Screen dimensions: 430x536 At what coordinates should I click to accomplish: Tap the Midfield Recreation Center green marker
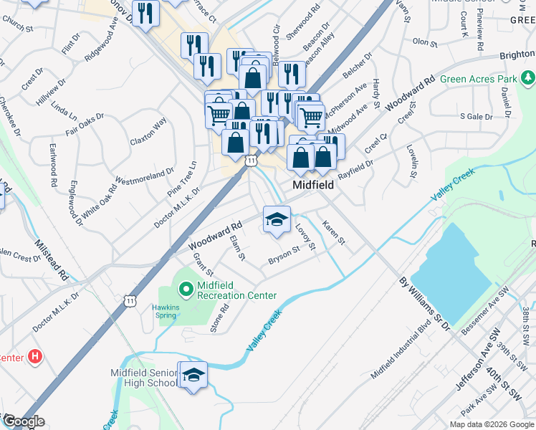coord(186,290)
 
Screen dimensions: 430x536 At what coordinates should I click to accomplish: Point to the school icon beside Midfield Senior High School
coord(193,375)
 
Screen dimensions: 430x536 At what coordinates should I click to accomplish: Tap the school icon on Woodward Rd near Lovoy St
coord(277,219)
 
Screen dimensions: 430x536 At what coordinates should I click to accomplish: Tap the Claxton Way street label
coord(148,131)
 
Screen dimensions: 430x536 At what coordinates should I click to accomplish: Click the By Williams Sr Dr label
coord(423,304)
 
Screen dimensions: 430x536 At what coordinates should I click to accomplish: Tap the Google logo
coord(23,422)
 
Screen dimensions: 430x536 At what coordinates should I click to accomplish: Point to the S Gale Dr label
coord(477,115)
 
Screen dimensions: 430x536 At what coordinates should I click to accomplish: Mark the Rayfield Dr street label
coord(356,169)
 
